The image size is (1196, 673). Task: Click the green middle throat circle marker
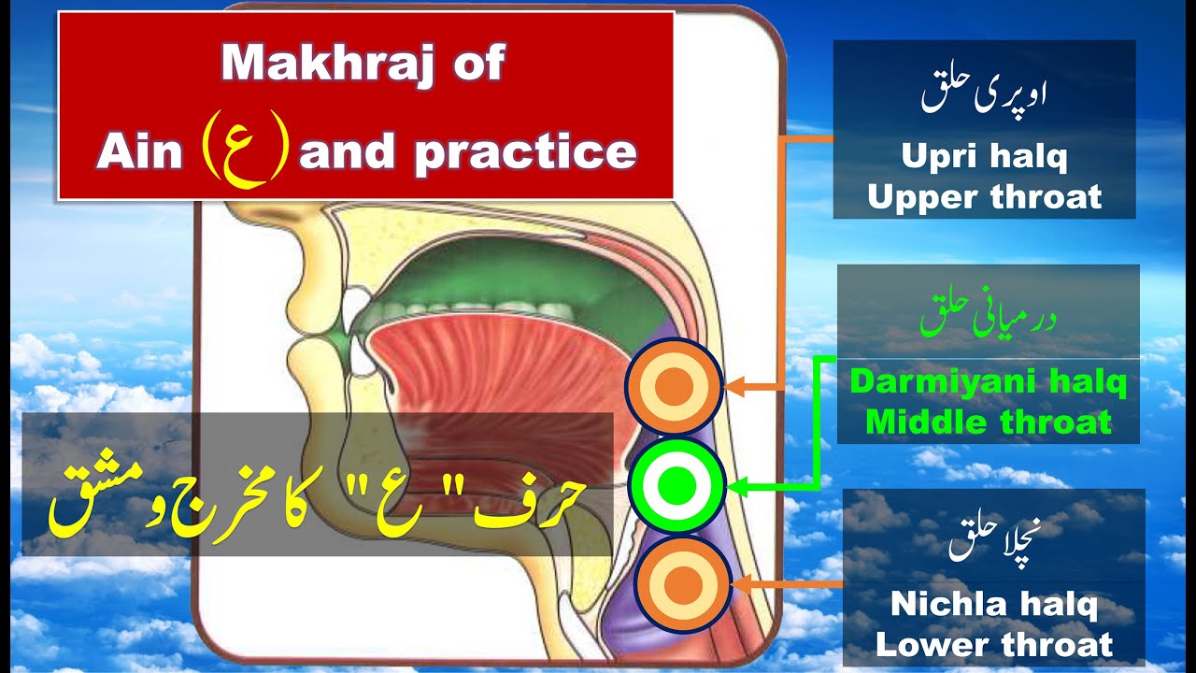pos(678,484)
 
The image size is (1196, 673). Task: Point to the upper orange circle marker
pos(674,386)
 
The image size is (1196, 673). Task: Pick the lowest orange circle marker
pos(681,583)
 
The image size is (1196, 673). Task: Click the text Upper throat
pos(984,196)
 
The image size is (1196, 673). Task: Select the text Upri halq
pos(984,157)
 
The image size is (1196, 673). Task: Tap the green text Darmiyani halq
pos(988,382)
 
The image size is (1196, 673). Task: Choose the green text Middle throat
pos(988,422)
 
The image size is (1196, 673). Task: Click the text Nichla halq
pos(993,604)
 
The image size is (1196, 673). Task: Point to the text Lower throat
pos(993,644)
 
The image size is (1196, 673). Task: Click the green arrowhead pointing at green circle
pos(736,486)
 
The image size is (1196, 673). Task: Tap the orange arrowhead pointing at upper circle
pos(734,385)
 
